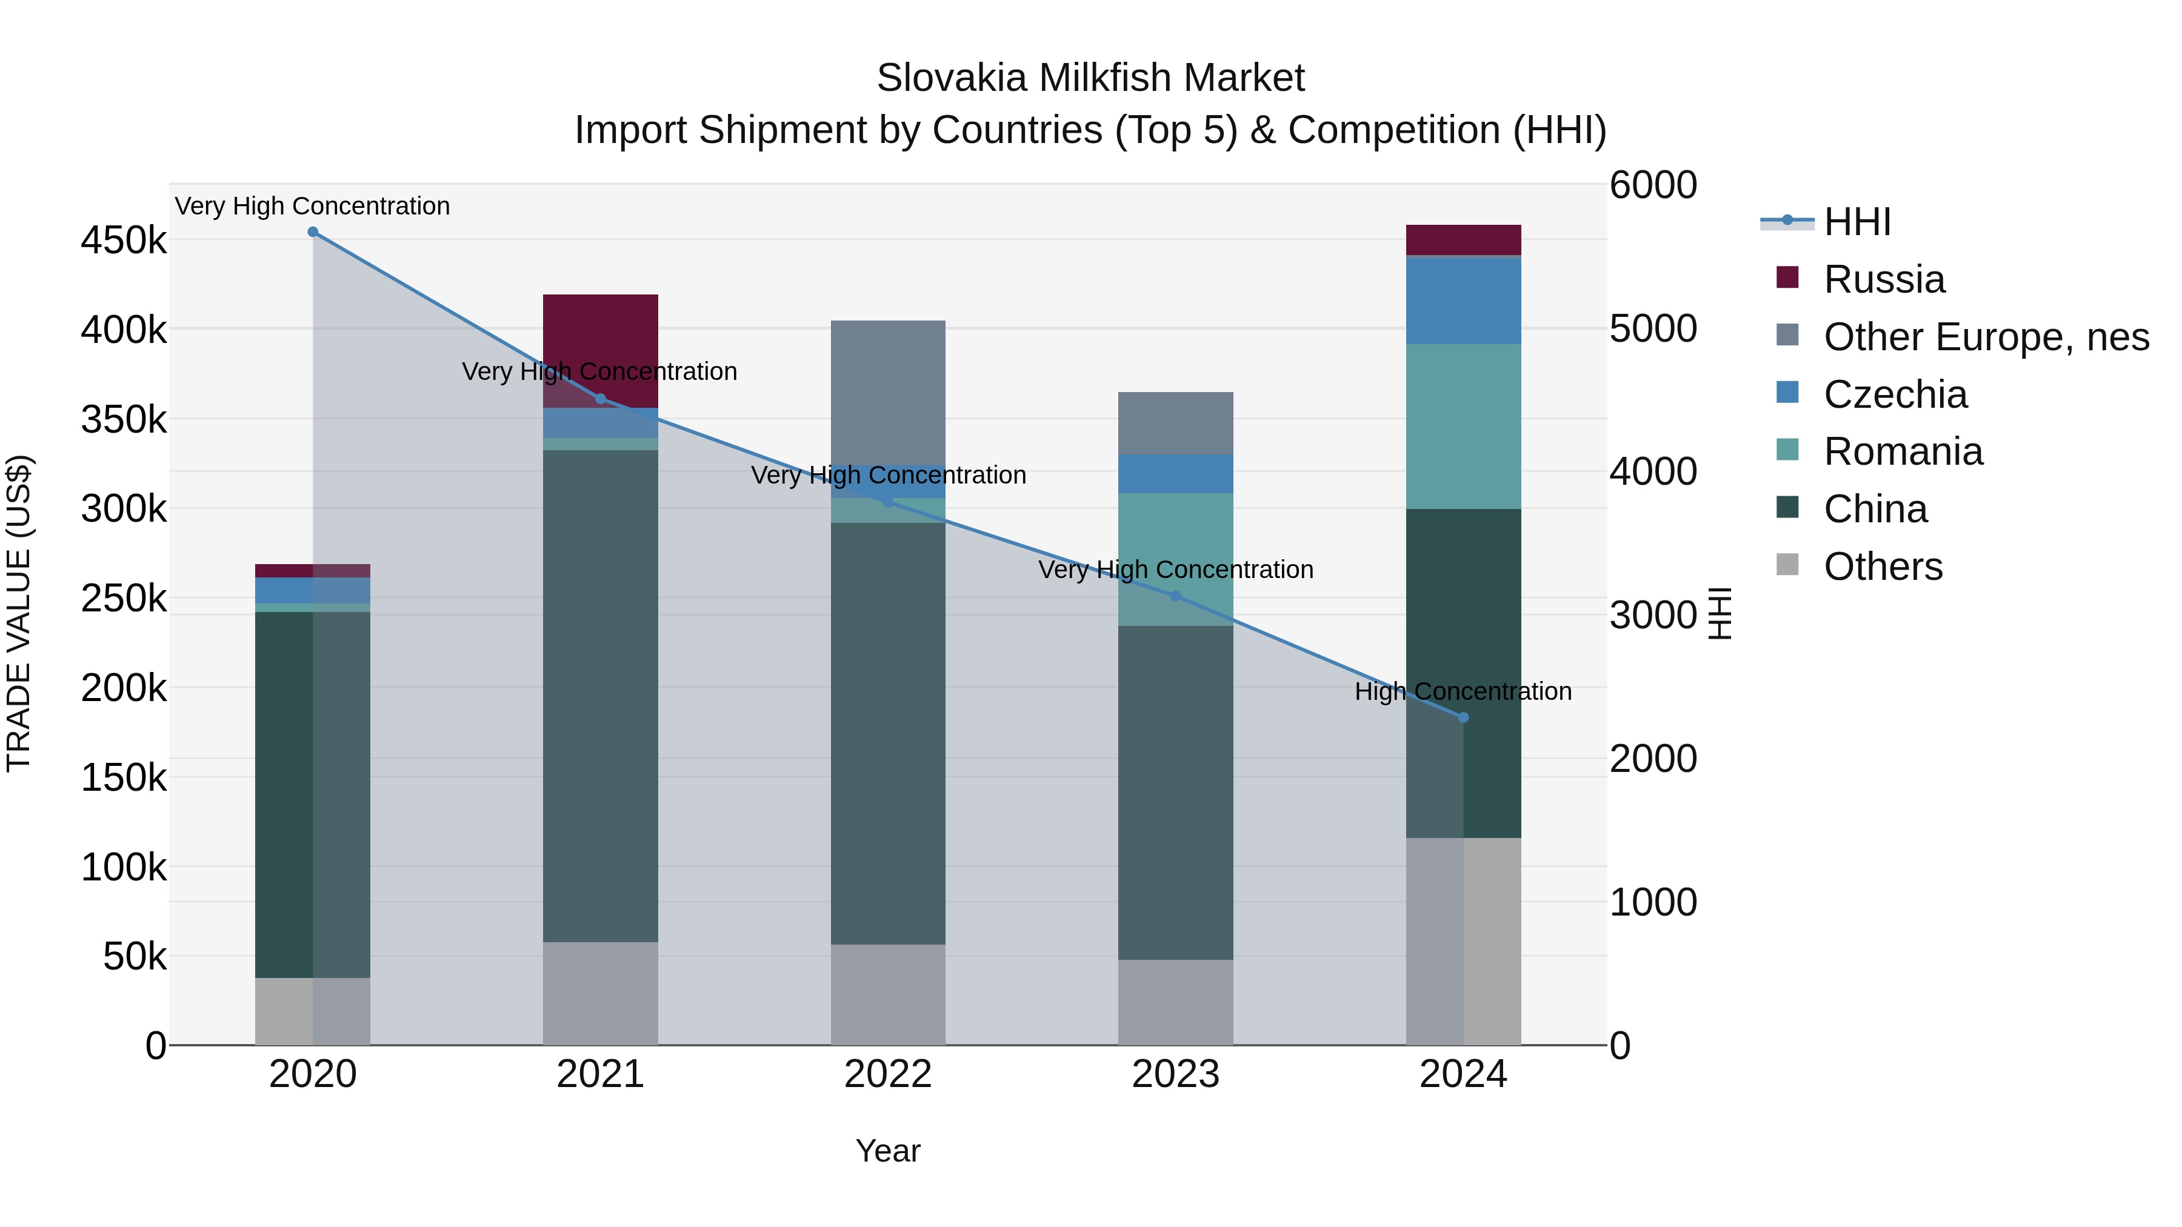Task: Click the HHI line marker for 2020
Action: [x=313, y=232]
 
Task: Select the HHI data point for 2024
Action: [x=1463, y=717]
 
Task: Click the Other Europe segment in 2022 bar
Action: [x=888, y=390]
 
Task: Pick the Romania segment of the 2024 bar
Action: [x=1463, y=426]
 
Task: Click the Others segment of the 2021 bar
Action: [x=601, y=993]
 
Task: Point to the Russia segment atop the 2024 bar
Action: [x=1463, y=239]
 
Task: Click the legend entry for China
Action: [x=1875, y=510]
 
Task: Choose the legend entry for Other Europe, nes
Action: [x=1986, y=337]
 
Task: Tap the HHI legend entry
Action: [x=1857, y=222]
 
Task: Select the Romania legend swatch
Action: [x=1787, y=450]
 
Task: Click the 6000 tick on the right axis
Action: [x=1653, y=185]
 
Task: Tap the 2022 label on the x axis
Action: [x=888, y=1074]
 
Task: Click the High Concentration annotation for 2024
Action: [x=1463, y=691]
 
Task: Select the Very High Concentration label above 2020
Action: [x=313, y=206]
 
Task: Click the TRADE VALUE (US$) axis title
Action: [x=19, y=613]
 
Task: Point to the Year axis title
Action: [x=888, y=1151]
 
